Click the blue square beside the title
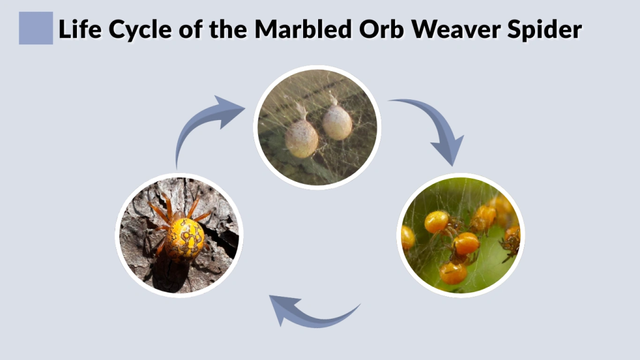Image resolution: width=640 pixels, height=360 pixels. pos(36,28)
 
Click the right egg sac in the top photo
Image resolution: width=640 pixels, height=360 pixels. pos(337,122)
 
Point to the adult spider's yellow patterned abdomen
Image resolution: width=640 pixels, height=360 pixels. pos(185,238)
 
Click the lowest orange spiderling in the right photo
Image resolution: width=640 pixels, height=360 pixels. pos(452,272)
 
